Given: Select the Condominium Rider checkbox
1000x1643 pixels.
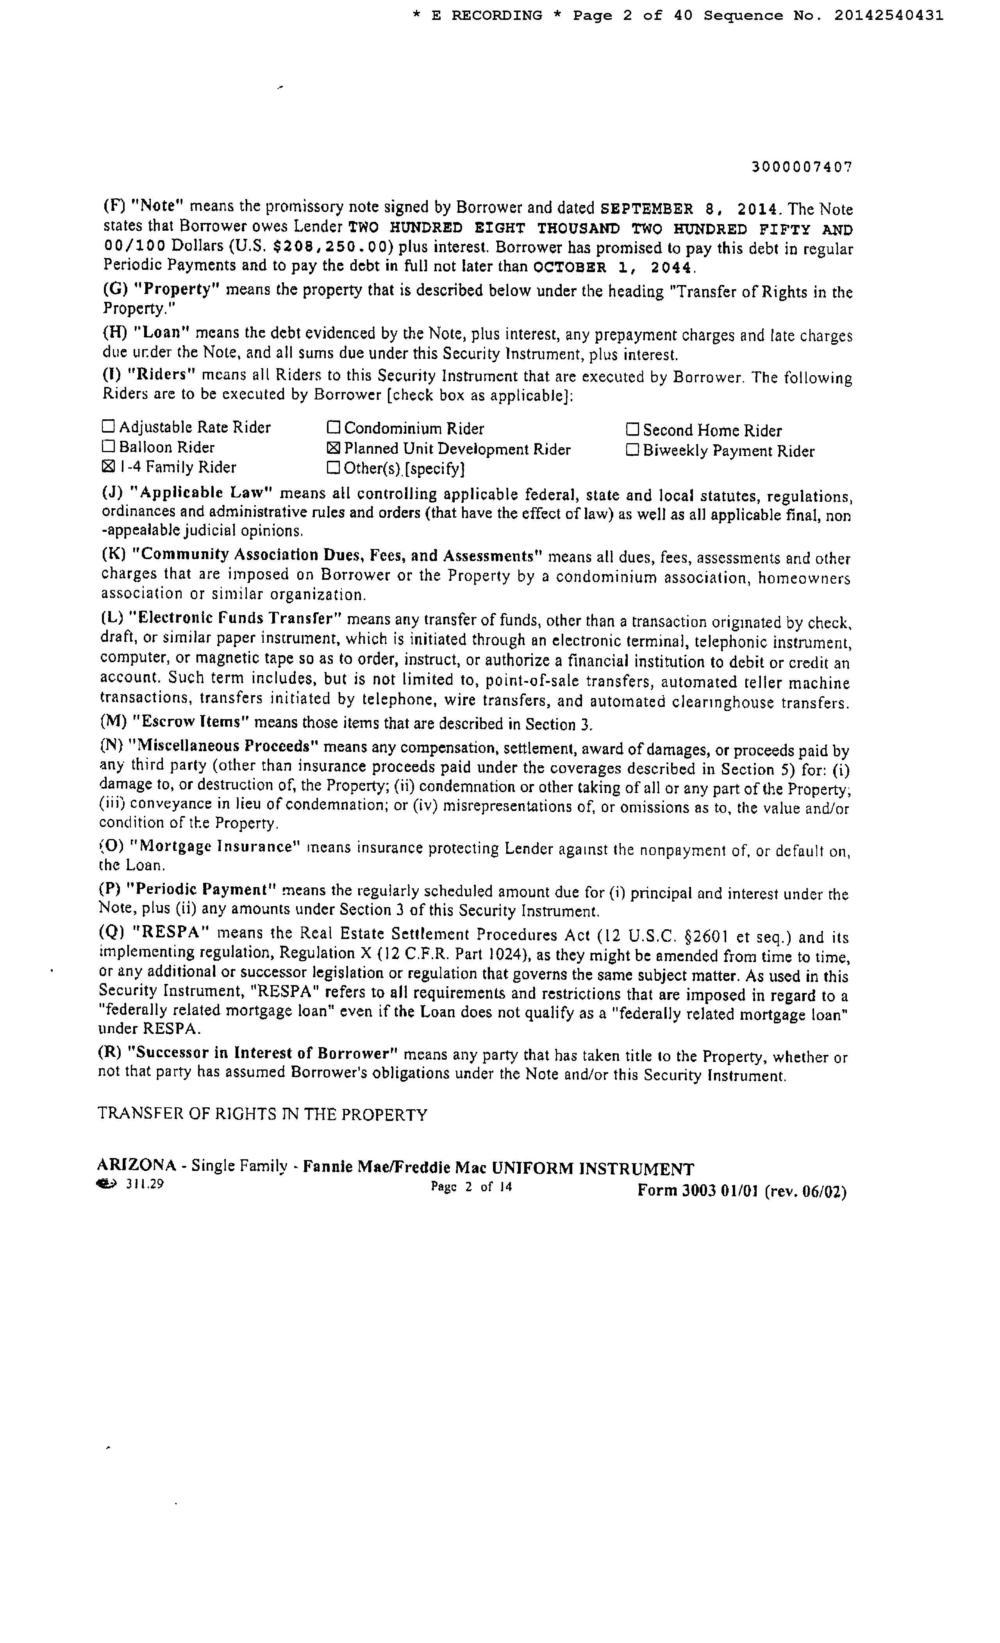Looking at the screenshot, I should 334,428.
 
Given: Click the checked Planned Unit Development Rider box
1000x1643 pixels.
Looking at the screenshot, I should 334,448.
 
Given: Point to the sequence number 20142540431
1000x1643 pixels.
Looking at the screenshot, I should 889,15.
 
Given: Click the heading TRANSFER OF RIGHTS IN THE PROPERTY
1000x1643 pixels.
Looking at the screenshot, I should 262,1115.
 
